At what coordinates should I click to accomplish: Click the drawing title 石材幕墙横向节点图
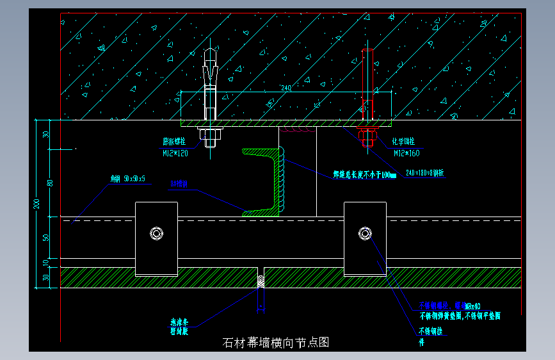pos(275,343)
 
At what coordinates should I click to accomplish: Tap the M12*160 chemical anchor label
pos(406,148)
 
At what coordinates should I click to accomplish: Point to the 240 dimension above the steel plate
pos(286,88)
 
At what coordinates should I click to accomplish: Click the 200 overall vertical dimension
pos(36,204)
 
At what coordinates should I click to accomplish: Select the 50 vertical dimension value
pos(46,237)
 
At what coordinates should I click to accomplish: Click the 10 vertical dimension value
pos(46,263)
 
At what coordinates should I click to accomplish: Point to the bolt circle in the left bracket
pos(156,233)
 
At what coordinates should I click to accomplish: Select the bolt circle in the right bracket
pos(365,233)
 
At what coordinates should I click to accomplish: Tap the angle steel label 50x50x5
pos(128,179)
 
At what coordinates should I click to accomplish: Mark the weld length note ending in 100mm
pos(364,174)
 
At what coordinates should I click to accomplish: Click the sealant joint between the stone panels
pos(261,281)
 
